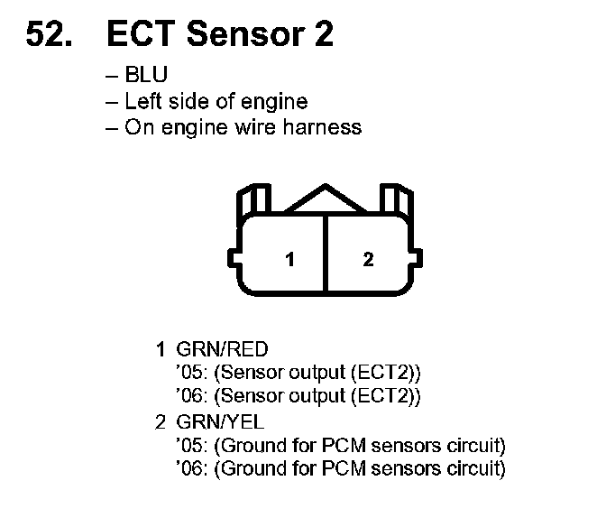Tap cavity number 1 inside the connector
click(x=289, y=260)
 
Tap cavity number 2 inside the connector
click(x=367, y=260)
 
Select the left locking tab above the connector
click(x=252, y=202)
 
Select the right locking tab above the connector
click(x=398, y=202)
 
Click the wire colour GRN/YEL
click(x=222, y=421)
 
